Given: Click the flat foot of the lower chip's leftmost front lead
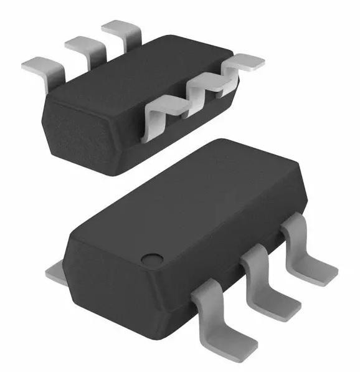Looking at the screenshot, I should (x=234, y=343).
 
